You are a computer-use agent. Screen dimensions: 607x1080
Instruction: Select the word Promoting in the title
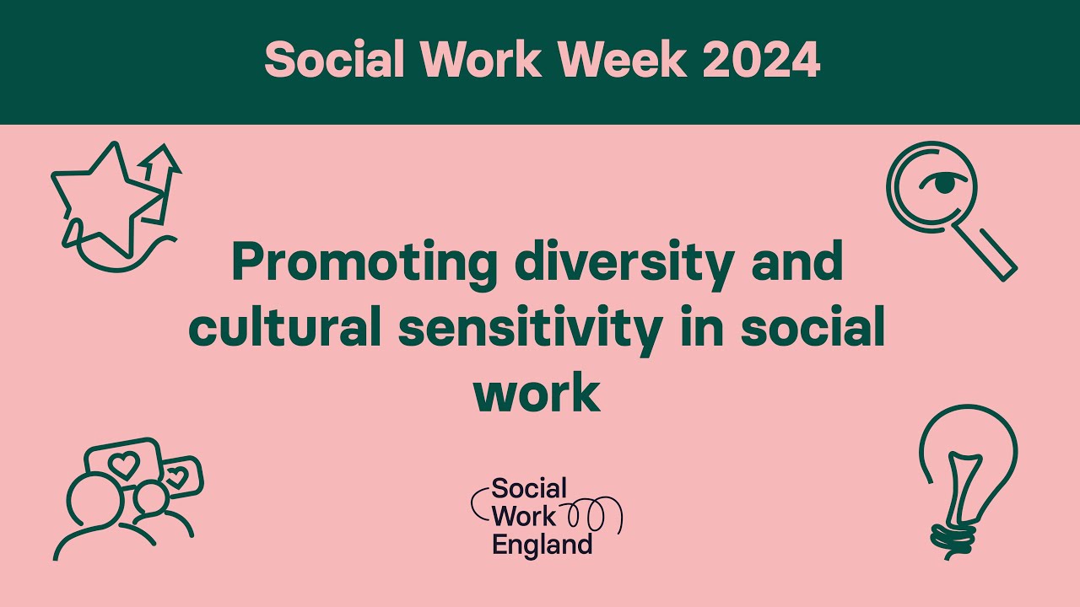pyautogui.click(x=364, y=263)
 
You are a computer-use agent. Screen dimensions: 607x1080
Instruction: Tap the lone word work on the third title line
pyautogui.click(x=537, y=393)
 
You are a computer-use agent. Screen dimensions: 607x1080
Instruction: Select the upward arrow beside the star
pyautogui.click(x=165, y=177)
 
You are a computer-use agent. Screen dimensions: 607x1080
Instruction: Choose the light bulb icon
pyautogui.click(x=966, y=472)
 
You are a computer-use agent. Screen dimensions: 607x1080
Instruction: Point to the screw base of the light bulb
pyautogui.click(x=953, y=536)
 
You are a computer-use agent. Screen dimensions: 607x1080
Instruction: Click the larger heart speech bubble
pyautogui.click(x=124, y=463)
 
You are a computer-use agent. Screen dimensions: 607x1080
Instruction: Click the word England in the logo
pyautogui.click(x=542, y=545)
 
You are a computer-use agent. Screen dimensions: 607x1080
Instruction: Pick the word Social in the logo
pyautogui.click(x=529, y=489)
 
